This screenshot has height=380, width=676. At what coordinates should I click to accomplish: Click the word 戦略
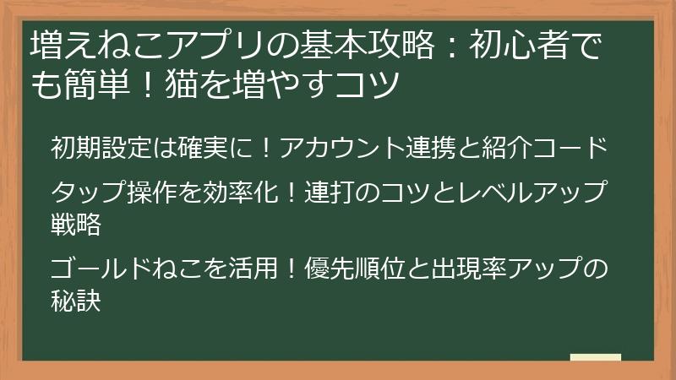click(x=76, y=224)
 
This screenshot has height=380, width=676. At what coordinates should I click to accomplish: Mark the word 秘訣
click(x=76, y=301)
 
